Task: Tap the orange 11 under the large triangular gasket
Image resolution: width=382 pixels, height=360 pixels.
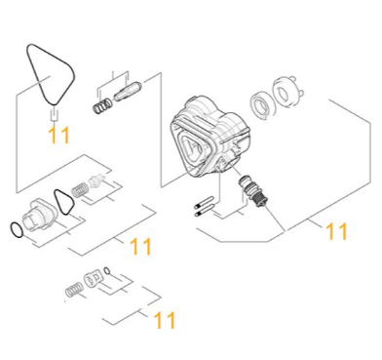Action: (58, 135)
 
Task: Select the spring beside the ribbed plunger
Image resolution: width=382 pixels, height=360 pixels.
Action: (102, 105)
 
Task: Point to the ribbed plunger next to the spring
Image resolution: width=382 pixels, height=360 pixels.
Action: (128, 92)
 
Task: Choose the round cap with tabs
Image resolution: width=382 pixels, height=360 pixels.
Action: (286, 93)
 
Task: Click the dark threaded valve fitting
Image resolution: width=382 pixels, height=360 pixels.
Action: (254, 191)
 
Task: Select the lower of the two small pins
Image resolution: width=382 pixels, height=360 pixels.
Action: (204, 212)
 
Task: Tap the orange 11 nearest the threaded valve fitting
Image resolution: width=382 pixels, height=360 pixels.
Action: (336, 231)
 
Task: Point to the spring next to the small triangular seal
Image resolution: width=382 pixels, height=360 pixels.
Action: (79, 189)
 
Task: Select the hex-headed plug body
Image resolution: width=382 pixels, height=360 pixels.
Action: (38, 216)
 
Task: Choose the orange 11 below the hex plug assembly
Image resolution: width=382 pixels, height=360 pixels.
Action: (140, 246)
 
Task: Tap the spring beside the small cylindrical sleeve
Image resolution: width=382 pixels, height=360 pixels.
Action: (74, 289)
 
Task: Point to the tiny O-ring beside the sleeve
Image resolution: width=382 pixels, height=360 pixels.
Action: (107, 270)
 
